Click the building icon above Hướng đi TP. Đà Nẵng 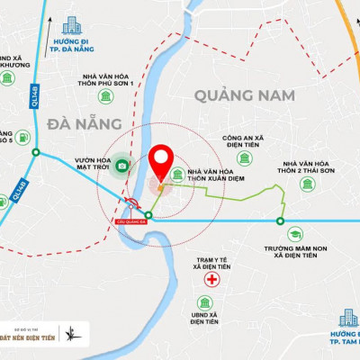click(70, 25)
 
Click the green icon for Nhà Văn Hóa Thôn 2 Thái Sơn click(307, 184)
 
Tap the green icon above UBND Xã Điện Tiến click(205, 305)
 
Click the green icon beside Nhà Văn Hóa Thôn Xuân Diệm click(177, 175)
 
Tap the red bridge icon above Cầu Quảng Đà click(130, 204)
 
